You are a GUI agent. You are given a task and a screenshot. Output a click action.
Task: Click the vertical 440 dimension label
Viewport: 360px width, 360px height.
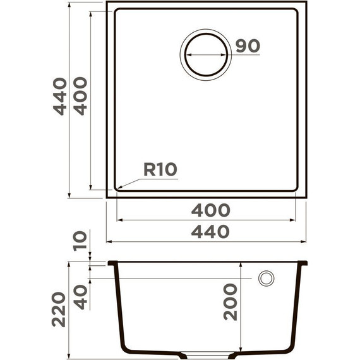60,96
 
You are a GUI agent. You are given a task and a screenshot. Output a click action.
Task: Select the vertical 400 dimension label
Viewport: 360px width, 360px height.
80,96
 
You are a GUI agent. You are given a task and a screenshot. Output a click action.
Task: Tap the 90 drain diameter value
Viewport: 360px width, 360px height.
248,45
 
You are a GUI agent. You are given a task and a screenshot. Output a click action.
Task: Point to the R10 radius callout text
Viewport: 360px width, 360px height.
160,169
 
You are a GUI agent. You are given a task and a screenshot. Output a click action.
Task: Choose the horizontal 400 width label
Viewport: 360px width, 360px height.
212,210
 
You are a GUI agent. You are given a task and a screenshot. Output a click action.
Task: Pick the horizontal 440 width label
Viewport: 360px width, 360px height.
212,232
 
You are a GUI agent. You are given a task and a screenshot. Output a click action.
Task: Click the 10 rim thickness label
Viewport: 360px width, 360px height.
80,241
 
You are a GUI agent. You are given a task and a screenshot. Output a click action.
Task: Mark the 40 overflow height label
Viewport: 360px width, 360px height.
80,296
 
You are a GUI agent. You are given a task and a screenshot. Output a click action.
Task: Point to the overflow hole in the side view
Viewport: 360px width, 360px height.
266,278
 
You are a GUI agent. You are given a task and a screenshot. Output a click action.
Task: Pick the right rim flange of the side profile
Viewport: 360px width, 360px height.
304,263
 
